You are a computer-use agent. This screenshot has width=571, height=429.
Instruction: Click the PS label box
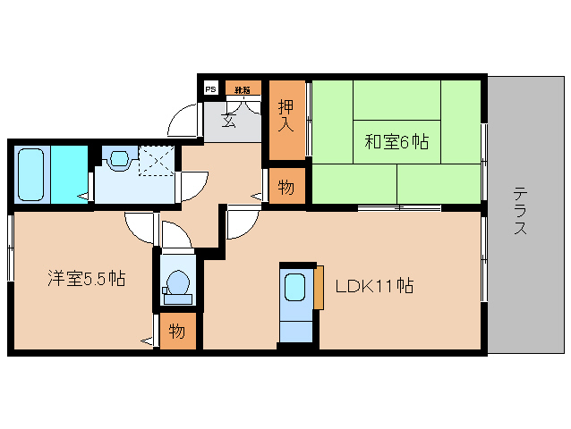[210, 88]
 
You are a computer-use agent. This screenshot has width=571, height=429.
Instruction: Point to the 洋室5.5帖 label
[86, 278]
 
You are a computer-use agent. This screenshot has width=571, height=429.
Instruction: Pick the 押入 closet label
[285, 114]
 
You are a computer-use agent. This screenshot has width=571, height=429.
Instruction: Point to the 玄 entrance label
[229, 122]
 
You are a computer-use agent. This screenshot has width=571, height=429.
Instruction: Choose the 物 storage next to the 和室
[285, 188]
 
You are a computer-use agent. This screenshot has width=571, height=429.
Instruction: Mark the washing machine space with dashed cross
[156, 162]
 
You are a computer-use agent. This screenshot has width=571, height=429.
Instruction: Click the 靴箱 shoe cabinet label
[241, 88]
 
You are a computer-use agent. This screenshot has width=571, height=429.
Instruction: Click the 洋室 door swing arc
[141, 228]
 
